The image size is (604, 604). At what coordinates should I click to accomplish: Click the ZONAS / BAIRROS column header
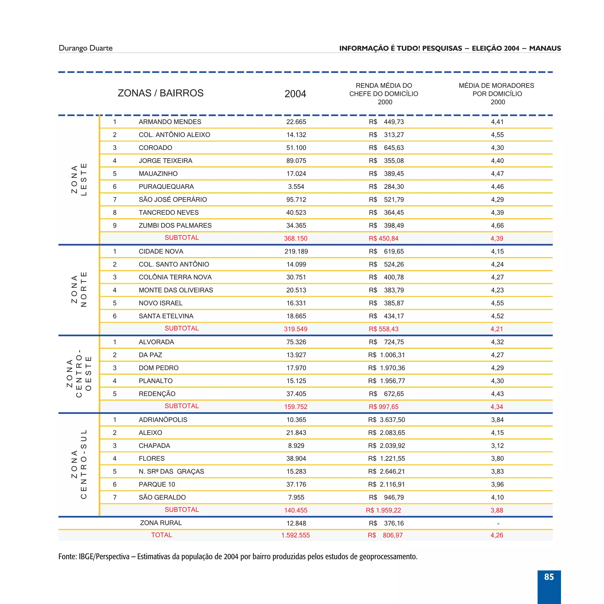[x=160, y=93]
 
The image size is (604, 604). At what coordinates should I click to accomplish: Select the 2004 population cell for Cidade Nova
[x=296, y=251]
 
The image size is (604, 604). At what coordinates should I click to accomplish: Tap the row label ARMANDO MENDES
[x=170, y=122]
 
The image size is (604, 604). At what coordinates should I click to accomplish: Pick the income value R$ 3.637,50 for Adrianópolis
[x=386, y=420]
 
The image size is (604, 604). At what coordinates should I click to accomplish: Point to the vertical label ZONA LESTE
[x=79, y=179]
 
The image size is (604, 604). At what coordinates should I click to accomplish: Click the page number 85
[x=549, y=577]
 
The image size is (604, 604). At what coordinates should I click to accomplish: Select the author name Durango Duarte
[x=85, y=48]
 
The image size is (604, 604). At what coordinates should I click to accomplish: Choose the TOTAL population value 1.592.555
[x=296, y=535]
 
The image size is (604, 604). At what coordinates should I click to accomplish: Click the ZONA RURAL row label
[x=161, y=523]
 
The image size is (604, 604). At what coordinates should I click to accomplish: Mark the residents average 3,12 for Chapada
[x=497, y=446]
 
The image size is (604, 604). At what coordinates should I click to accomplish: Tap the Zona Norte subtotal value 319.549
[x=296, y=329]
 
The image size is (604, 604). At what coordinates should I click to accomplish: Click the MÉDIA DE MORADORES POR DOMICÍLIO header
[x=496, y=93]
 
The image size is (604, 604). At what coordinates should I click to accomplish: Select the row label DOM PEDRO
[x=158, y=368]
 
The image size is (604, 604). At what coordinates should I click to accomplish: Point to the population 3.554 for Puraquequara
[x=296, y=187]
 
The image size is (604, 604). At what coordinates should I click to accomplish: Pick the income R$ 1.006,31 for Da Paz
[x=386, y=355]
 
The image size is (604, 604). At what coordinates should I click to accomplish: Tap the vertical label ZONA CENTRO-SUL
[x=79, y=464]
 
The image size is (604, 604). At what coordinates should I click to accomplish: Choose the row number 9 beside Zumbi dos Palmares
[x=115, y=225]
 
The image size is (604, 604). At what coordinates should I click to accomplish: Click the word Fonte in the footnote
[x=67, y=557]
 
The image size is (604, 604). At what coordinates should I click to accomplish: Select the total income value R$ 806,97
[x=385, y=535]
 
